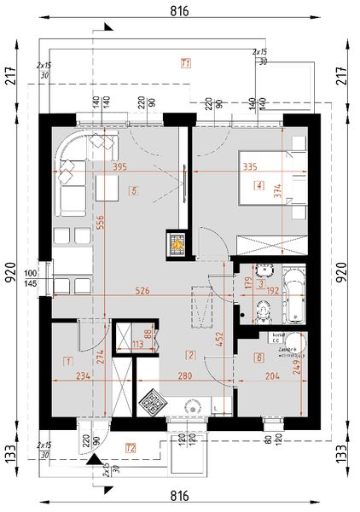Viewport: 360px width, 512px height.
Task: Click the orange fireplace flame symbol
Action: point(175,244)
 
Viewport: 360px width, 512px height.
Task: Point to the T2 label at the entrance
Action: point(131,447)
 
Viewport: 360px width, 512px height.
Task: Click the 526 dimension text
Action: point(142,291)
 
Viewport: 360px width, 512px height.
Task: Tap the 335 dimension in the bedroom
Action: point(250,167)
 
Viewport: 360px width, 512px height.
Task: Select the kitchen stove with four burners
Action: point(154,403)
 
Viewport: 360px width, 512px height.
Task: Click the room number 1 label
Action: point(68,362)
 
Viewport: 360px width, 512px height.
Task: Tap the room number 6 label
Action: point(259,359)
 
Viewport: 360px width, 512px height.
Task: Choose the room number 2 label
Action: point(191,355)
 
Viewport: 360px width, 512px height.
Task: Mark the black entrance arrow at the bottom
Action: point(92,462)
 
